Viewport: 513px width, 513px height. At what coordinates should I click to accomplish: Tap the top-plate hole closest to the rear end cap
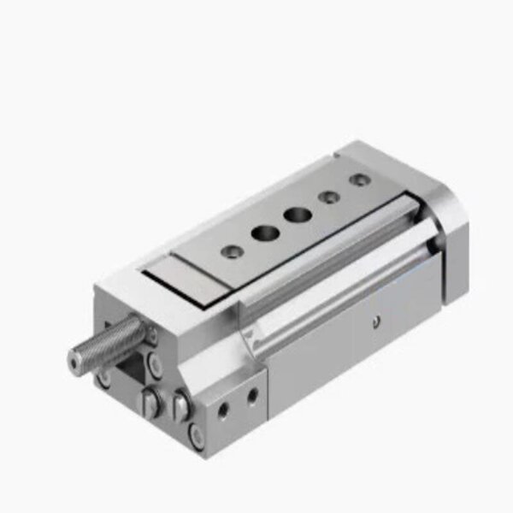tap(361, 180)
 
